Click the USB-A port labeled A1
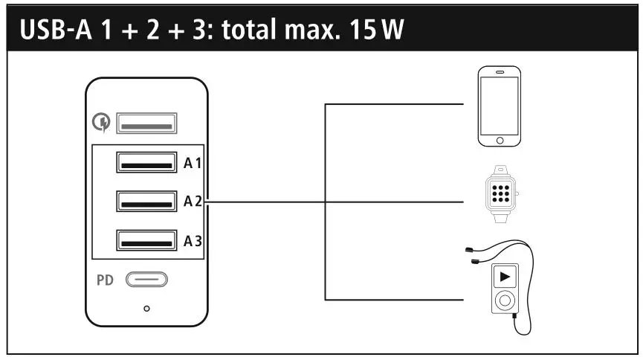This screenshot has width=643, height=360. coord(146,161)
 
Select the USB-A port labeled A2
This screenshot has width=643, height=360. coord(146,201)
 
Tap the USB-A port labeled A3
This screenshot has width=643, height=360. coord(146,240)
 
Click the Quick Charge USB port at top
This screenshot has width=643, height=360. coord(146,123)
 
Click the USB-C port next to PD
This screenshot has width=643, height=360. coord(146,280)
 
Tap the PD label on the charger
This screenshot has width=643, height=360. coord(104,281)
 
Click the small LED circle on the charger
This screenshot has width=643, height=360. coord(146,307)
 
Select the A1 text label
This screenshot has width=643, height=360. coord(193,162)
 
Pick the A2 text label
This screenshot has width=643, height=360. coord(193,202)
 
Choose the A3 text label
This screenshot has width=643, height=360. coord(193,241)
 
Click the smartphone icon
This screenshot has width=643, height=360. coord(499,106)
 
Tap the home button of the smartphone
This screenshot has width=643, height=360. coord(499,139)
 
